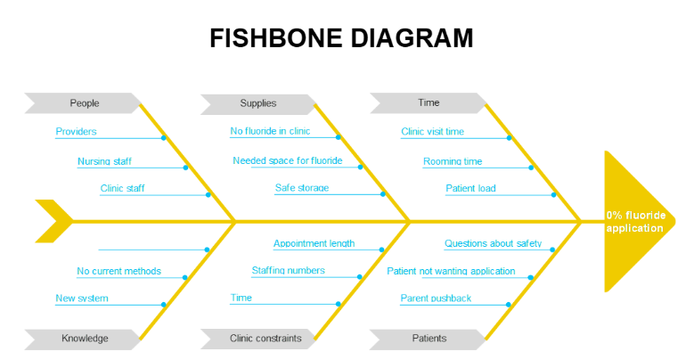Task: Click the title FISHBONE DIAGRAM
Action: point(341,38)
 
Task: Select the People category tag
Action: point(83,103)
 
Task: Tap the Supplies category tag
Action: point(258,103)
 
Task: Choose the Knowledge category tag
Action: point(83,339)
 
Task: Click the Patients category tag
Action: point(428,339)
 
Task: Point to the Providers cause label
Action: point(76,131)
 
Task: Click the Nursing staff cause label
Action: point(104,161)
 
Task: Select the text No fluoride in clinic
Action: point(270,131)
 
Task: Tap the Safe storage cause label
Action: point(302,188)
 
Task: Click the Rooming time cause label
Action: point(453,161)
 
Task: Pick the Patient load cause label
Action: point(470,188)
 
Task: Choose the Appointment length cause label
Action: point(314,243)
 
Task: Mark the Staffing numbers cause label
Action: point(289,270)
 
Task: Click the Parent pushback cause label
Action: point(436,299)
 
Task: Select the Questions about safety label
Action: point(493,243)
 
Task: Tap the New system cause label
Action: point(82,299)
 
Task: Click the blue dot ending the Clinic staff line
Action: point(208,194)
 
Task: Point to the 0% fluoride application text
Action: point(636,222)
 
